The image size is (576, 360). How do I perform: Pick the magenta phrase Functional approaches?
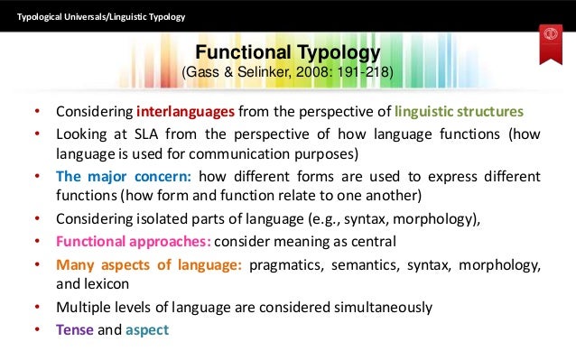pos(135,241)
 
